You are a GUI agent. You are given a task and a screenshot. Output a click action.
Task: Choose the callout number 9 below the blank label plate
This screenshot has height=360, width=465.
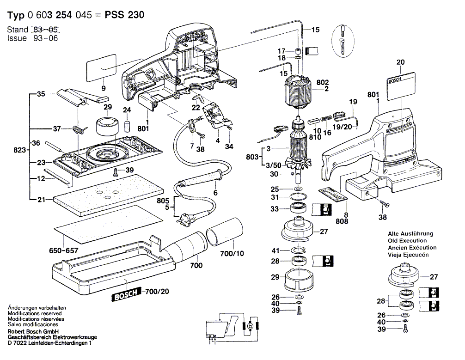pos(103,88)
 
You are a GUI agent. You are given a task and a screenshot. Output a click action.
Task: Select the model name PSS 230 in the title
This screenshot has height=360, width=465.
pos(125,15)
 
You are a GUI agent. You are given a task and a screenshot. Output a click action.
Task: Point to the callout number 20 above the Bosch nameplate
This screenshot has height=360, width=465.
pos(400,62)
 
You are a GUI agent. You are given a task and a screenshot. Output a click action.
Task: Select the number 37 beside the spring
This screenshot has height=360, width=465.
pos(56,128)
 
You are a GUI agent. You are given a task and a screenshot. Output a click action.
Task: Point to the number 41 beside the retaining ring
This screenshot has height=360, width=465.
pos(275,250)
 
